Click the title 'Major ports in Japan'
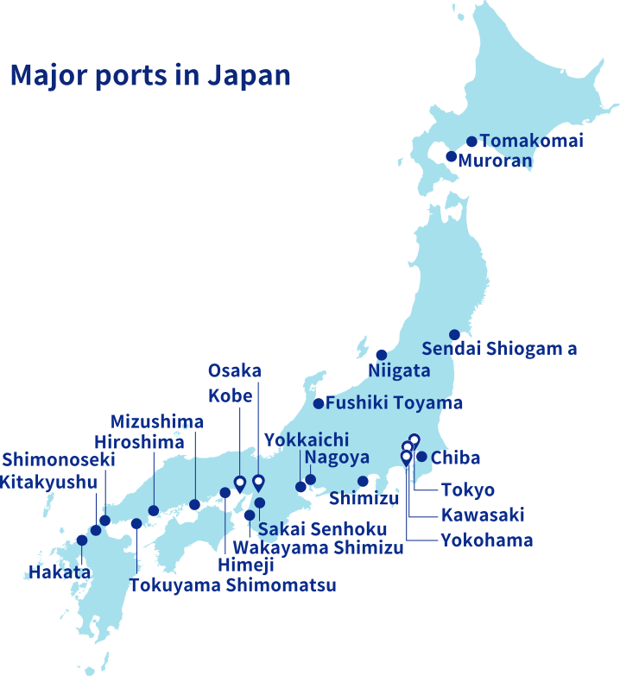point(150,76)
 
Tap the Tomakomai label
point(531,141)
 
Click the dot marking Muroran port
point(451,156)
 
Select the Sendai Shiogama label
point(499,349)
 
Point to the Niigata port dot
point(382,354)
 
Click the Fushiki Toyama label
point(394,403)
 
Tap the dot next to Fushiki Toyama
point(319,403)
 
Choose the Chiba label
point(455,458)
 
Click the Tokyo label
point(468,490)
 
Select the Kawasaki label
point(483,515)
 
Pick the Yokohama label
point(486,540)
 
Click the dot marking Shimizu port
point(364,481)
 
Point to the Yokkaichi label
point(307,439)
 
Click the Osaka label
point(234,371)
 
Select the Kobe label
point(231,396)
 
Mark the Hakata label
point(60,571)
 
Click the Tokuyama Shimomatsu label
point(232,585)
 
